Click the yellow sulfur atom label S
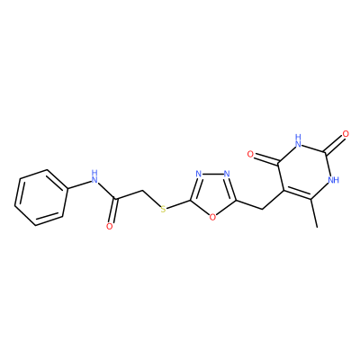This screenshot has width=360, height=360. [163, 209]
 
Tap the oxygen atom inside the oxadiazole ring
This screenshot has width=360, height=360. [212, 217]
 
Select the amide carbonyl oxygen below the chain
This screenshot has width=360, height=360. [110, 226]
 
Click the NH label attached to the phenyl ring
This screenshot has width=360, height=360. [94, 176]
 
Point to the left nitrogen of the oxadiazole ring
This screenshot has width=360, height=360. [198, 174]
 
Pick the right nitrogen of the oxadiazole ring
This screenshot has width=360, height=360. [227, 174]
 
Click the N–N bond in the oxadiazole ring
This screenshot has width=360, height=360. [212, 174]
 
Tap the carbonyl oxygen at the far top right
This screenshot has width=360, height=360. [346, 134]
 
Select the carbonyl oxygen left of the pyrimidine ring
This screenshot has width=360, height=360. [251, 154]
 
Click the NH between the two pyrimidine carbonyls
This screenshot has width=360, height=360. [298, 141]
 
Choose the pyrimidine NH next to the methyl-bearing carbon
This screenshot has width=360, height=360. [333, 180]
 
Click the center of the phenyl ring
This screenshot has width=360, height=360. [40, 198]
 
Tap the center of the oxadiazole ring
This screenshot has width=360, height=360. [212, 193]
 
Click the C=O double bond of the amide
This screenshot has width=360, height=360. [113, 211]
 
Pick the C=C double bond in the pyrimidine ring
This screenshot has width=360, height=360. [296, 195]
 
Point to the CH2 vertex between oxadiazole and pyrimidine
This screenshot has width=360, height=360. [263, 209]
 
